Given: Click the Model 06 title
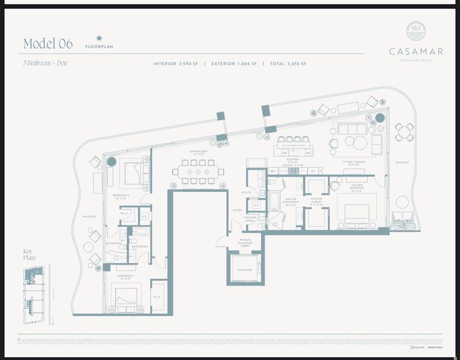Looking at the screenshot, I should coord(48,44).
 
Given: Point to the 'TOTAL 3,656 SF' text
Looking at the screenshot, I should coord(288,64).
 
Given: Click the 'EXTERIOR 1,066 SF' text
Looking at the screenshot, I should coord(234,64).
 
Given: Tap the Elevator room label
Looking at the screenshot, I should coord(244,270).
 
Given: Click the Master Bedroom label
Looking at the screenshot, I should coord(356,188).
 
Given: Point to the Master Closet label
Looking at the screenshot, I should coord(317,202).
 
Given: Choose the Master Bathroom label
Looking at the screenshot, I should coord(291,202).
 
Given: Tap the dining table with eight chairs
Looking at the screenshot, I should coord(198,172).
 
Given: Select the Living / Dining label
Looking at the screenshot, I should coord(354,163).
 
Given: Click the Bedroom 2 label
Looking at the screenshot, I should coord(121,196).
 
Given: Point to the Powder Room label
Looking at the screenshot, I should coord(249,219).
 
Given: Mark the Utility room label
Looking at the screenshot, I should coord(246,192).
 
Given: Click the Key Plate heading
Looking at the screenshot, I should coord(29,255).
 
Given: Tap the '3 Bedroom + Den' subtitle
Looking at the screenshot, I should coord(45,63).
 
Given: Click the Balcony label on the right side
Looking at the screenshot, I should coord(402,163).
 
